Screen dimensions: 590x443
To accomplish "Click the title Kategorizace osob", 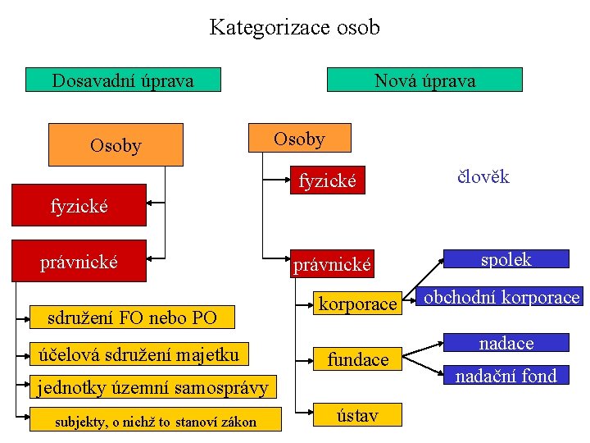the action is (x=295, y=27).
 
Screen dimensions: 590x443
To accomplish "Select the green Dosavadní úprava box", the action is (x=123, y=80).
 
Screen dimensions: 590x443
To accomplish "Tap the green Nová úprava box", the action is (x=424, y=80).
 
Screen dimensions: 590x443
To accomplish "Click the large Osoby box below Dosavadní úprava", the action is (x=116, y=145).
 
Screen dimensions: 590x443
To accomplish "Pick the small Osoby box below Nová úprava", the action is (x=299, y=139).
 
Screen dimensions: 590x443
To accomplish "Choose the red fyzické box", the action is (x=79, y=205).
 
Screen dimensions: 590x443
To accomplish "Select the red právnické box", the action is (x=79, y=262).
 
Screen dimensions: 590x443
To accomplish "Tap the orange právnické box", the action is (x=333, y=264).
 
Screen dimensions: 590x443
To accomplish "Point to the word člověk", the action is (x=483, y=176).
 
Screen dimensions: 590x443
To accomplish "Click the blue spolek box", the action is (x=506, y=259).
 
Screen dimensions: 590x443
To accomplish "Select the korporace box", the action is (x=357, y=304).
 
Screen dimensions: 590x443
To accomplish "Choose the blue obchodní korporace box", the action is (x=501, y=297).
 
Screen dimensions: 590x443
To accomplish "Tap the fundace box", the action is (x=358, y=359).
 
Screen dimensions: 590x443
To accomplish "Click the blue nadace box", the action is (x=506, y=343).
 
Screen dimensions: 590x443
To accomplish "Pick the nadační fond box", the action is (x=506, y=376).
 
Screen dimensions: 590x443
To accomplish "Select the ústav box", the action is (x=358, y=415).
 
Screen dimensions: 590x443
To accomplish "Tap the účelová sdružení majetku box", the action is (x=139, y=354).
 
